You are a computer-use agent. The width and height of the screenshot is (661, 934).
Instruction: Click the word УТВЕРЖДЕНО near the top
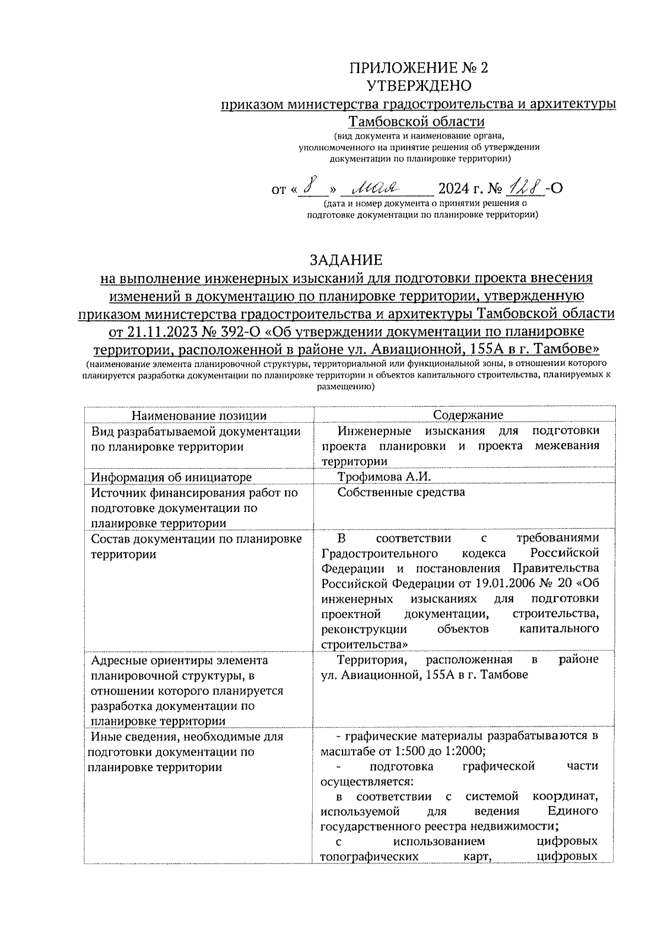(x=419, y=85)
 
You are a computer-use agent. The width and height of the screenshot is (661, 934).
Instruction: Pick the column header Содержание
(x=468, y=416)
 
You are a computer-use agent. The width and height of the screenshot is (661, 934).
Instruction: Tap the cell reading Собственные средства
(x=401, y=492)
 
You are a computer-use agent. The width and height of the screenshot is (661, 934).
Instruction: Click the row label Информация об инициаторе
(x=171, y=477)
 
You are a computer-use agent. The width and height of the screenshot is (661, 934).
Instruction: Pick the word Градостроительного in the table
(x=380, y=553)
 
